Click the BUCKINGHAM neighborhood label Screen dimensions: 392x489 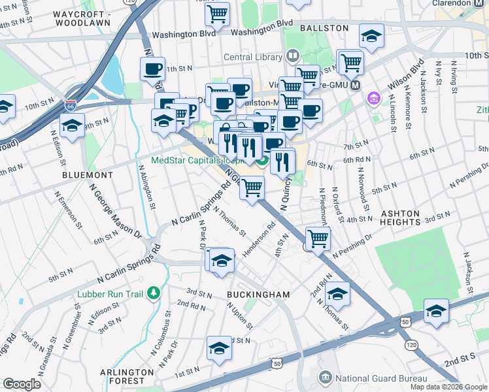pyautogui.click(x=258, y=295)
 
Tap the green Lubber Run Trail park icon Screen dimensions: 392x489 pyautogui.click(x=154, y=292)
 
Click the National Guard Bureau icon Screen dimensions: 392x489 pyautogui.click(x=325, y=378)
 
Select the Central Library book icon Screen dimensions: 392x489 pyautogui.click(x=292, y=57)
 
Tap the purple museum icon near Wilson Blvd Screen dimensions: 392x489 pyautogui.click(x=373, y=99)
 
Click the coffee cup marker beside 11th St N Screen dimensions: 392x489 pyautogui.click(x=153, y=69)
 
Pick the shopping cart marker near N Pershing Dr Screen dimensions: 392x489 pyautogui.click(x=317, y=238)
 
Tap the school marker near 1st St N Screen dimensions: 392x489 pyautogui.click(x=220, y=348)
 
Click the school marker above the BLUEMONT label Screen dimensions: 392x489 pyautogui.click(x=72, y=125)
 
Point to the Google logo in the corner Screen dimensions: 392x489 pyautogui.click(x=22, y=384)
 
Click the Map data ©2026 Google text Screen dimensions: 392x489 pyautogui.click(x=448, y=387)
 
